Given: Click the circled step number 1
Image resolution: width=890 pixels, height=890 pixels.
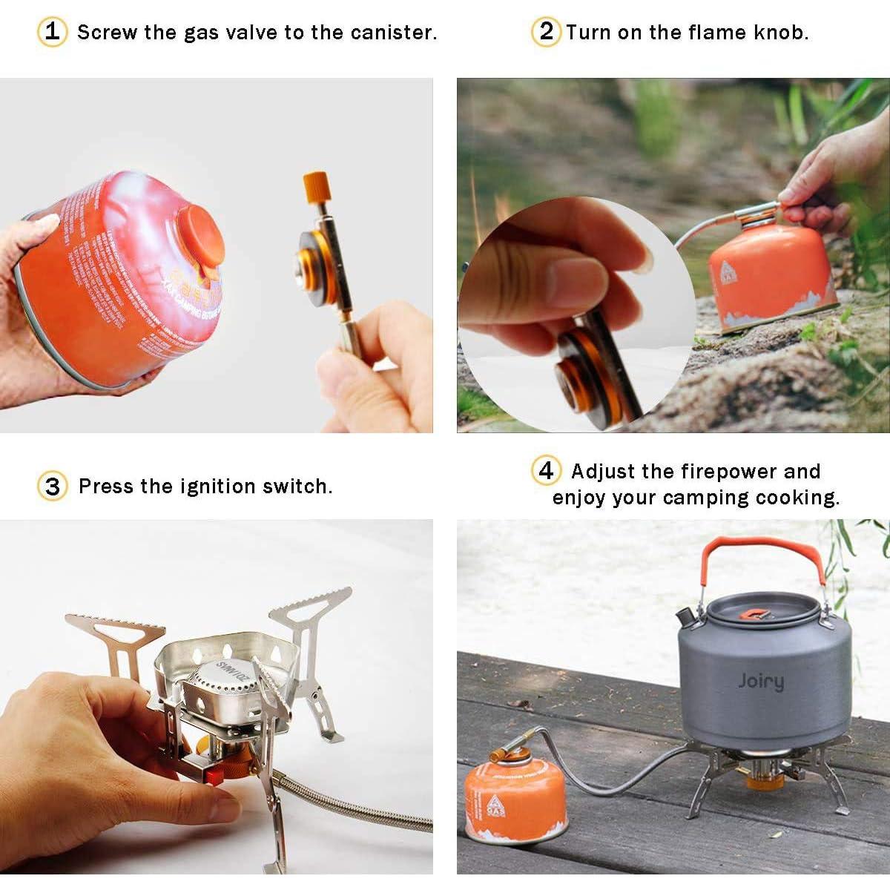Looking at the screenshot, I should (52, 32).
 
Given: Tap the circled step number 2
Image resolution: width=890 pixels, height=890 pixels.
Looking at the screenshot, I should (546, 32).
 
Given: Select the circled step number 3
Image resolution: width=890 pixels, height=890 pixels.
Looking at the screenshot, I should (52, 487).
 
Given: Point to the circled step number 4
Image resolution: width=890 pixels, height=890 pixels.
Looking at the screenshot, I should (546, 471).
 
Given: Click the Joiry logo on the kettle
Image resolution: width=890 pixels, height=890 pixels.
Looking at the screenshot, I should (760, 681).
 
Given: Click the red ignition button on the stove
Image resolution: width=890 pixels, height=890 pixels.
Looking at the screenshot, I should (214, 776).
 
